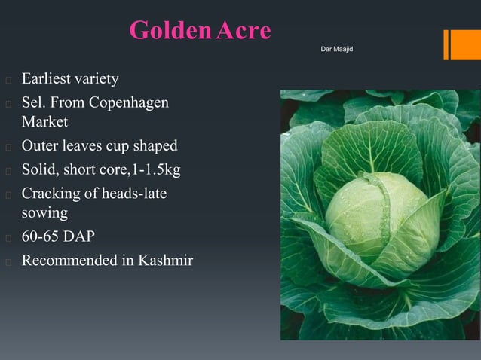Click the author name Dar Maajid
pyautogui.click(x=337, y=49)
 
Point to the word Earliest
pyautogui.click(x=46, y=79)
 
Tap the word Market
pyautogui.click(x=44, y=122)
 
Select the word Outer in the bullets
pyautogui.click(x=39, y=145)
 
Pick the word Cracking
pyautogui.click(x=50, y=194)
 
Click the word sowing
pyautogui.click(x=44, y=213)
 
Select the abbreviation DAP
pyautogui.click(x=79, y=237)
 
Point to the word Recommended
pyautogui.click(x=69, y=261)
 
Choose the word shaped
pyautogui.click(x=153, y=145)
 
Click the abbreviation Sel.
pyautogui.click(x=33, y=102)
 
